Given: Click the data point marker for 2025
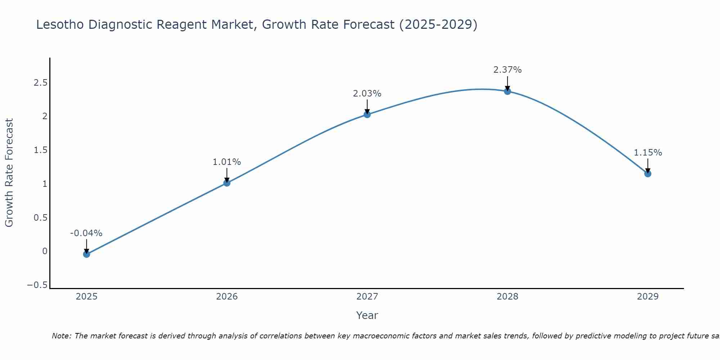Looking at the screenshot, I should [x=86, y=254].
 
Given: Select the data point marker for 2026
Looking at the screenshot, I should [x=227, y=183].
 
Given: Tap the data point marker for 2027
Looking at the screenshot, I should [x=367, y=114].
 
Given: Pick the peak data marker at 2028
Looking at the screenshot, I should [x=507, y=91].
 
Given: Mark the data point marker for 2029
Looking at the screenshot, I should [x=648, y=174].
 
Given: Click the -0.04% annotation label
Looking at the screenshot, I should [x=86, y=233].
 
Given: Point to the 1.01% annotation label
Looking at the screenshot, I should [x=227, y=162].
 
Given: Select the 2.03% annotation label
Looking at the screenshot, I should [x=367, y=94].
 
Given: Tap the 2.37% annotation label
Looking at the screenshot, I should [x=507, y=70].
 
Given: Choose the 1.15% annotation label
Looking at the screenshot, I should [x=648, y=153].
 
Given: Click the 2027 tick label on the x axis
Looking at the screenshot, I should [x=367, y=297].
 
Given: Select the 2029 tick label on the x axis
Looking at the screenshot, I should [x=648, y=297].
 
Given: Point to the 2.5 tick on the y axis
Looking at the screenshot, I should [x=41, y=83].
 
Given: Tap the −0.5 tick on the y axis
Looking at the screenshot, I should [x=37, y=285].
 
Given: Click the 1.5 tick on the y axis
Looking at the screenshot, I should [x=41, y=150].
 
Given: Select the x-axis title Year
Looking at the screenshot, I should [x=367, y=315].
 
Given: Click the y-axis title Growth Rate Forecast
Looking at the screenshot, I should [x=9, y=173].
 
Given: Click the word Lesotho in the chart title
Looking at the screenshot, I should [x=60, y=24].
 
